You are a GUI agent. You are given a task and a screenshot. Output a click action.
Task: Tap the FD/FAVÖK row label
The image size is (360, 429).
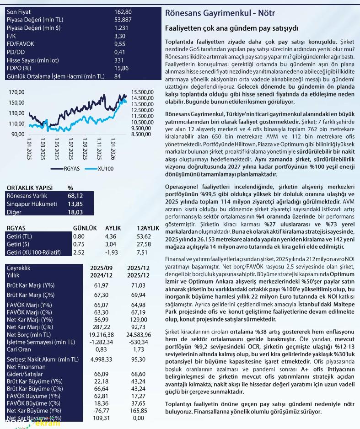21,43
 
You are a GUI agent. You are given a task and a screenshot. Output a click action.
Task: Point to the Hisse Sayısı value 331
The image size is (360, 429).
119,60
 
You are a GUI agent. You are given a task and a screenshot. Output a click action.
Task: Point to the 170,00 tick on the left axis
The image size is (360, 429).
16,92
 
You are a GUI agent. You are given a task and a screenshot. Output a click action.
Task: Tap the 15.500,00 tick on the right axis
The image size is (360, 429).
142,92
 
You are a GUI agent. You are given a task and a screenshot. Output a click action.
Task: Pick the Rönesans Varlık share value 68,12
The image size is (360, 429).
75,196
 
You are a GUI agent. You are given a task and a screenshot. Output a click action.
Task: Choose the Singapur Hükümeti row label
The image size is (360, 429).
31,204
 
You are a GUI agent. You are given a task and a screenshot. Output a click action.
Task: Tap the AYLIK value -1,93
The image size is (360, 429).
112,252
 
